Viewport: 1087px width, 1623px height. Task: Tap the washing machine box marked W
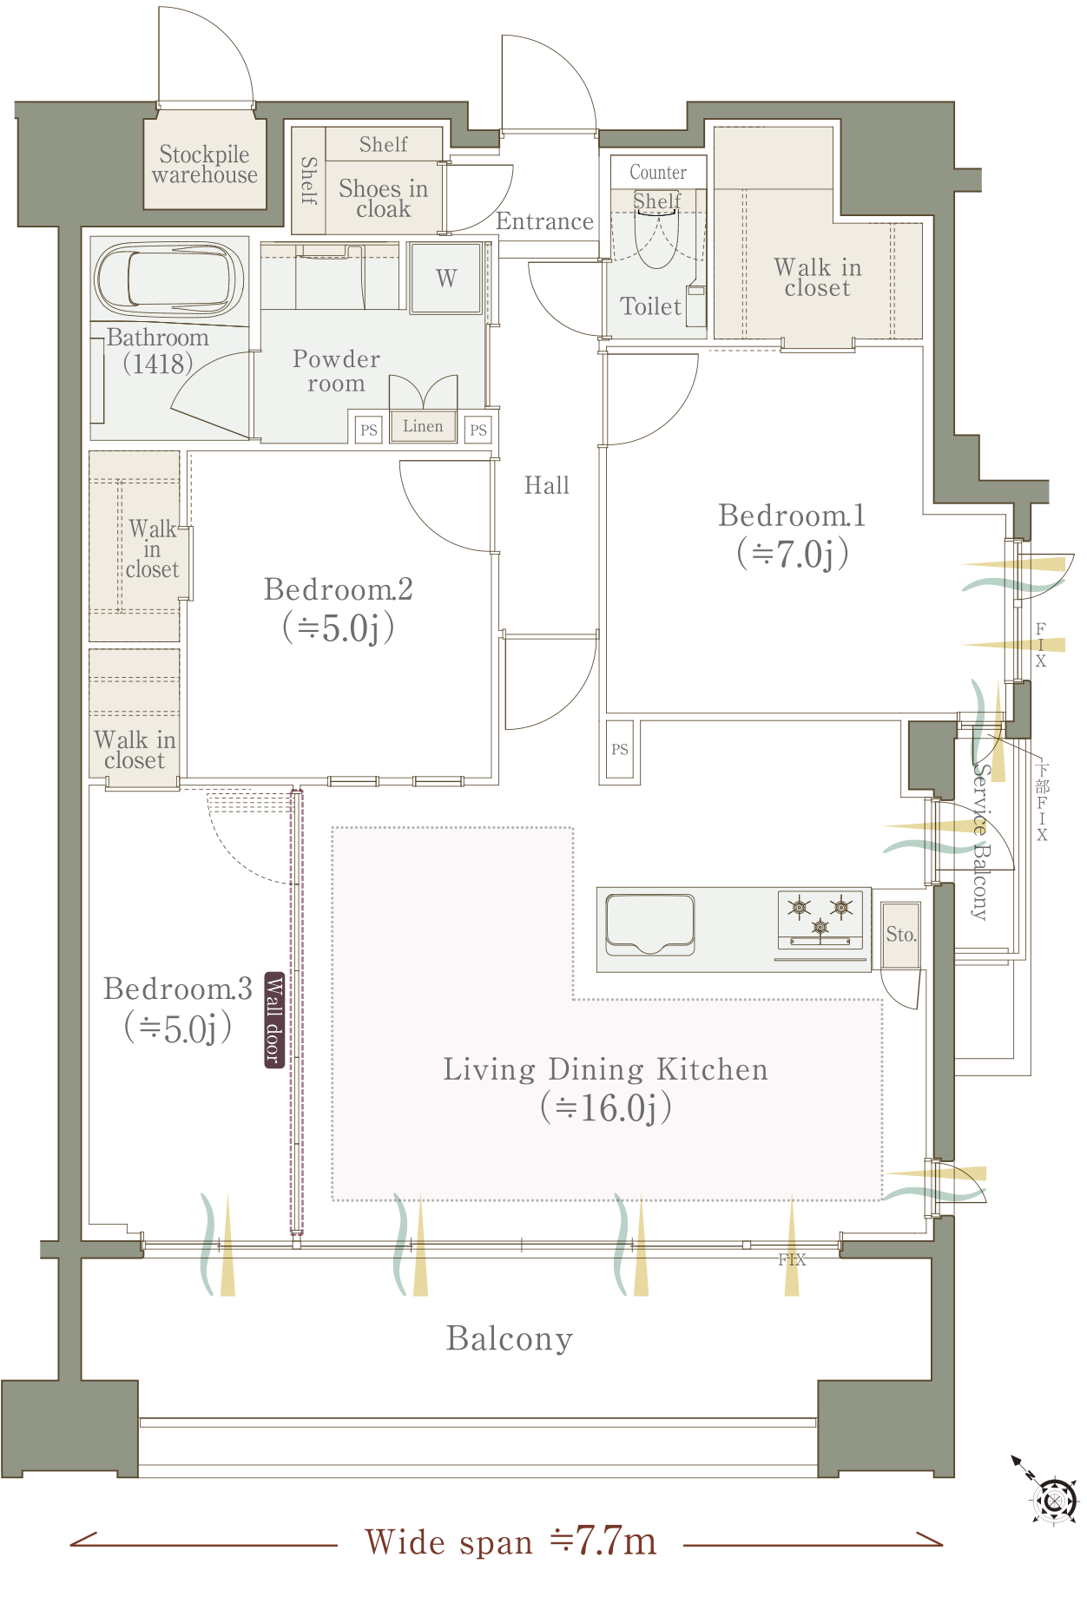[446, 278]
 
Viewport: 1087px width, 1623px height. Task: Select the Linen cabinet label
[423, 426]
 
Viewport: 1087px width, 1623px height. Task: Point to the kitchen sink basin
[650, 923]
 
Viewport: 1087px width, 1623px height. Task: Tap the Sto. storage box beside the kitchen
[900, 935]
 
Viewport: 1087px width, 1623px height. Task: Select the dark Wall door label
[274, 1019]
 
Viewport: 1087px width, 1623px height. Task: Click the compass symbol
[1052, 1500]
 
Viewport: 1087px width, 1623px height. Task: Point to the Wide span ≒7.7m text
[511, 1541]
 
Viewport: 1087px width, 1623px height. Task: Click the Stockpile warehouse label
[205, 165]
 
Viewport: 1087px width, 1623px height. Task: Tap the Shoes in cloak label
[383, 199]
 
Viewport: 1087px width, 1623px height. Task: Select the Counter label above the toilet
[658, 172]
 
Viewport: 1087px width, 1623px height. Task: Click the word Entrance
[545, 221]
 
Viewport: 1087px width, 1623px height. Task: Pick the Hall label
[547, 485]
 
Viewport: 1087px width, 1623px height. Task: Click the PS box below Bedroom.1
[620, 749]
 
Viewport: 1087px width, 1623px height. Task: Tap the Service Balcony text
[980, 841]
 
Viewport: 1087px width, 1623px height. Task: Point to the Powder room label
[337, 371]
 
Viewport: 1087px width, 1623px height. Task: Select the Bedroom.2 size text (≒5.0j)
[339, 628]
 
